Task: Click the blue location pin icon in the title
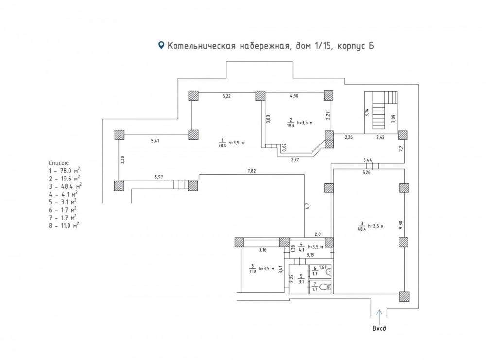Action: [x=161, y=45]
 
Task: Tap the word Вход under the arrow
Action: [x=379, y=328]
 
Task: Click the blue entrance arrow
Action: [x=379, y=317]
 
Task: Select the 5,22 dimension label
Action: [x=226, y=96]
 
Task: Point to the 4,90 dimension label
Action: [x=294, y=96]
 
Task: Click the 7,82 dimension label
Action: [x=252, y=171]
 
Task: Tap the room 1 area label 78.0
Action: [x=222, y=145]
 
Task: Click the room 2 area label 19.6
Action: [x=291, y=126]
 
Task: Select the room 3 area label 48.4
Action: [x=362, y=229]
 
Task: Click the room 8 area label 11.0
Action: [x=252, y=271]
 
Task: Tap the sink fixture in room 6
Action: [x=328, y=272]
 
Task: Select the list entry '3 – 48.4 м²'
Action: [x=65, y=186]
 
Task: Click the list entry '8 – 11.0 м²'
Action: [x=64, y=225]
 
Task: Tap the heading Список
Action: [x=59, y=163]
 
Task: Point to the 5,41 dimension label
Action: [x=155, y=141]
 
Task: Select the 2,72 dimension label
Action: [x=295, y=160]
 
